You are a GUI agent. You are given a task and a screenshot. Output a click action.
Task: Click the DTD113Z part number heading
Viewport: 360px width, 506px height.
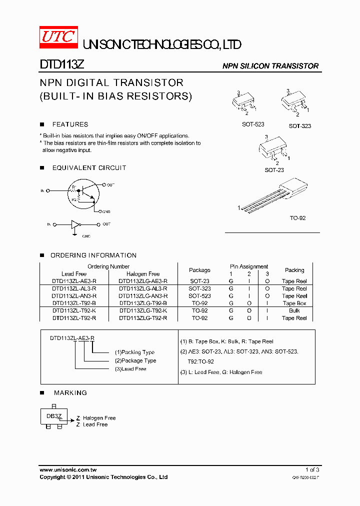pyautogui.click(x=57, y=65)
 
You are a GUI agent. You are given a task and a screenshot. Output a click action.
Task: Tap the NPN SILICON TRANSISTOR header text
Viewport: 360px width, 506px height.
pyautogui.click(x=270, y=66)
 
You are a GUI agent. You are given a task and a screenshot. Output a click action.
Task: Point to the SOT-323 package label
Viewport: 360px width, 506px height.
pyautogui.click(x=299, y=126)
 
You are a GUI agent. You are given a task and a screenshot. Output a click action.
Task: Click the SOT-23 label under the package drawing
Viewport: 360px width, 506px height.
pyautogui.click(x=274, y=170)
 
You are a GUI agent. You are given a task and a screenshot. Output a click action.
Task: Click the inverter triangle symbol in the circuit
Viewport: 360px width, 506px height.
pyautogui.click(x=75, y=224)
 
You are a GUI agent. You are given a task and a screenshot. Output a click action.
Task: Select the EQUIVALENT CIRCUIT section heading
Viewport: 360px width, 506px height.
pyautogui.click(x=89, y=168)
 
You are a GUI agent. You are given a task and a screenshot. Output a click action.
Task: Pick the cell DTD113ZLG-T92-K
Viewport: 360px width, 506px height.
pyautogui.click(x=143, y=310)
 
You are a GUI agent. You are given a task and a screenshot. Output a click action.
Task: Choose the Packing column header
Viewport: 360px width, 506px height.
pyautogui.click(x=294, y=270)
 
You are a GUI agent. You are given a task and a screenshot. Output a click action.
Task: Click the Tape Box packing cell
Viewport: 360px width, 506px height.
pyautogui.click(x=294, y=303)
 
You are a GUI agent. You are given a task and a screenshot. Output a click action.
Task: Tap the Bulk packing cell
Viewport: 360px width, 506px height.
pyautogui.click(x=294, y=310)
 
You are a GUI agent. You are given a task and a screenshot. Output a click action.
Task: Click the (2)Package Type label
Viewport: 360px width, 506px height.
pyautogui.click(x=135, y=360)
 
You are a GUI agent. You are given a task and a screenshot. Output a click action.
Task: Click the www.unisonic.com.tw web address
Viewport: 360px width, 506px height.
pyautogui.click(x=68, y=470)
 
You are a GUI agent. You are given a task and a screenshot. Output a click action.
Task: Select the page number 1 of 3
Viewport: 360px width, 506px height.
pyautogui.click(x=312, y=470)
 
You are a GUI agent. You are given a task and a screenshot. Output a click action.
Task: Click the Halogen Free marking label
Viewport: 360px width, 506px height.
pyautogui.click(x=99, y=418)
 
